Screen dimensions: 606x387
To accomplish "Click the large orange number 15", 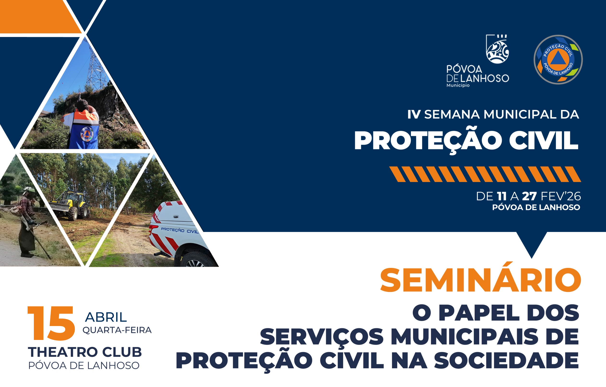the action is [51, 323].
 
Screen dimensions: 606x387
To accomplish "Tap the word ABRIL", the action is [106, 317].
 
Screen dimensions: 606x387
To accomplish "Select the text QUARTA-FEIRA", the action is [117, 330].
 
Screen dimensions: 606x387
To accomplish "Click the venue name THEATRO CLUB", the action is [85, 352].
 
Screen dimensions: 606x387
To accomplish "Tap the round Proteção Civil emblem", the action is [558, 60].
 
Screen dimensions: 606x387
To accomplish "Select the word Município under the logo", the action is [458, 85].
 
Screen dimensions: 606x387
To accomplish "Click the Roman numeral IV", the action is [414, 114].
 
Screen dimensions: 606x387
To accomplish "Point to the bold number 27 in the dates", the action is [529, 196].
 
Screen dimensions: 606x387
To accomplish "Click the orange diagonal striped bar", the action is [485, 174].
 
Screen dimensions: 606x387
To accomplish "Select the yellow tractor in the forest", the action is [70, 205].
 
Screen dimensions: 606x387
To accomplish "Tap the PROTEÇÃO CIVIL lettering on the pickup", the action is [180, 230].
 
